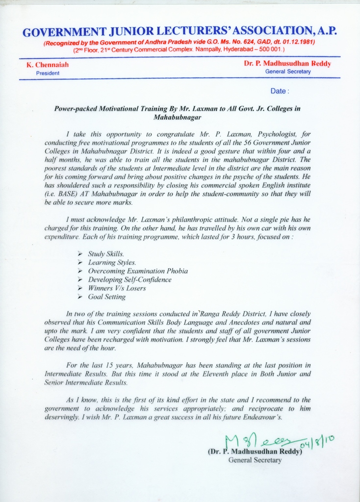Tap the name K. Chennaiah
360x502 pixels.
[47, 65]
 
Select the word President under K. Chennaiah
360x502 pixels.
[48, 73]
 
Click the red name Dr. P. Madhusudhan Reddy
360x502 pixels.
[287, 64]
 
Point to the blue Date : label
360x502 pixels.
[280, 91]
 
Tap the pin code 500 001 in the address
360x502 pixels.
[269, 50]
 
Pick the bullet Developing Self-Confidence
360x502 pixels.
[129, 279]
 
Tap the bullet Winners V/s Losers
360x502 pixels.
[117, 288]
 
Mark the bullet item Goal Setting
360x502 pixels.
[106, 297]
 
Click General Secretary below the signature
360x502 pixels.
[255, 460]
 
